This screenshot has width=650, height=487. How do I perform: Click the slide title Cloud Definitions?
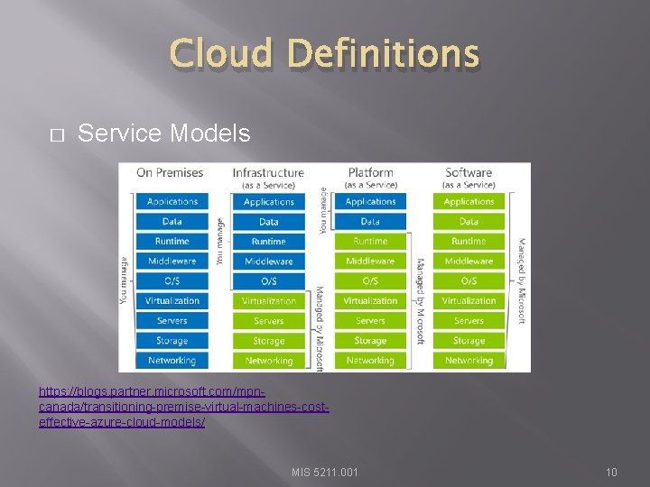pos(324,53)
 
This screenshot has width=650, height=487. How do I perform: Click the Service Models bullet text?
pos(163,133)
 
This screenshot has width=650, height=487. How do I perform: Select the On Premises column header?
pos(170,172)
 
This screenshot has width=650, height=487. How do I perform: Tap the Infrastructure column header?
pos(268,172)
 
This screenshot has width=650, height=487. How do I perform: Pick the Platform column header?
pos(370,172)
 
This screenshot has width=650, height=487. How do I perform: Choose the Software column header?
pos(469,172)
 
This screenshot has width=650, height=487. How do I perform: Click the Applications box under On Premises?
pos(172,202)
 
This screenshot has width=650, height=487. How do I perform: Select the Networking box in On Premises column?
pos(172,361)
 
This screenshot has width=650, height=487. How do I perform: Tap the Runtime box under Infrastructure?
pos(269,242)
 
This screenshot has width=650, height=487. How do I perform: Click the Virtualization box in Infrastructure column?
pos(269,301)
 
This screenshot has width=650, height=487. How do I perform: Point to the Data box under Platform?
pos(370,222)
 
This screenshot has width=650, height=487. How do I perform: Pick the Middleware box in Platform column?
pos(370,262)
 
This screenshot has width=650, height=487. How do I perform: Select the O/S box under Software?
pos(469,281)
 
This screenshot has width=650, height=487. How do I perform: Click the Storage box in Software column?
pos(469,341)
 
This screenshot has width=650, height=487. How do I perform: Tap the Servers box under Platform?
pos(370,321)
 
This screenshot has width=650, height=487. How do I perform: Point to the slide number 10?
pos(611,472)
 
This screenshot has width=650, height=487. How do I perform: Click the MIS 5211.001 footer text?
pos(325,472)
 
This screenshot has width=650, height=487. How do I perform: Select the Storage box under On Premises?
pos(172,341)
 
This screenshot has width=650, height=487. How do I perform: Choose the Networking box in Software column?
pos(469,361)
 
